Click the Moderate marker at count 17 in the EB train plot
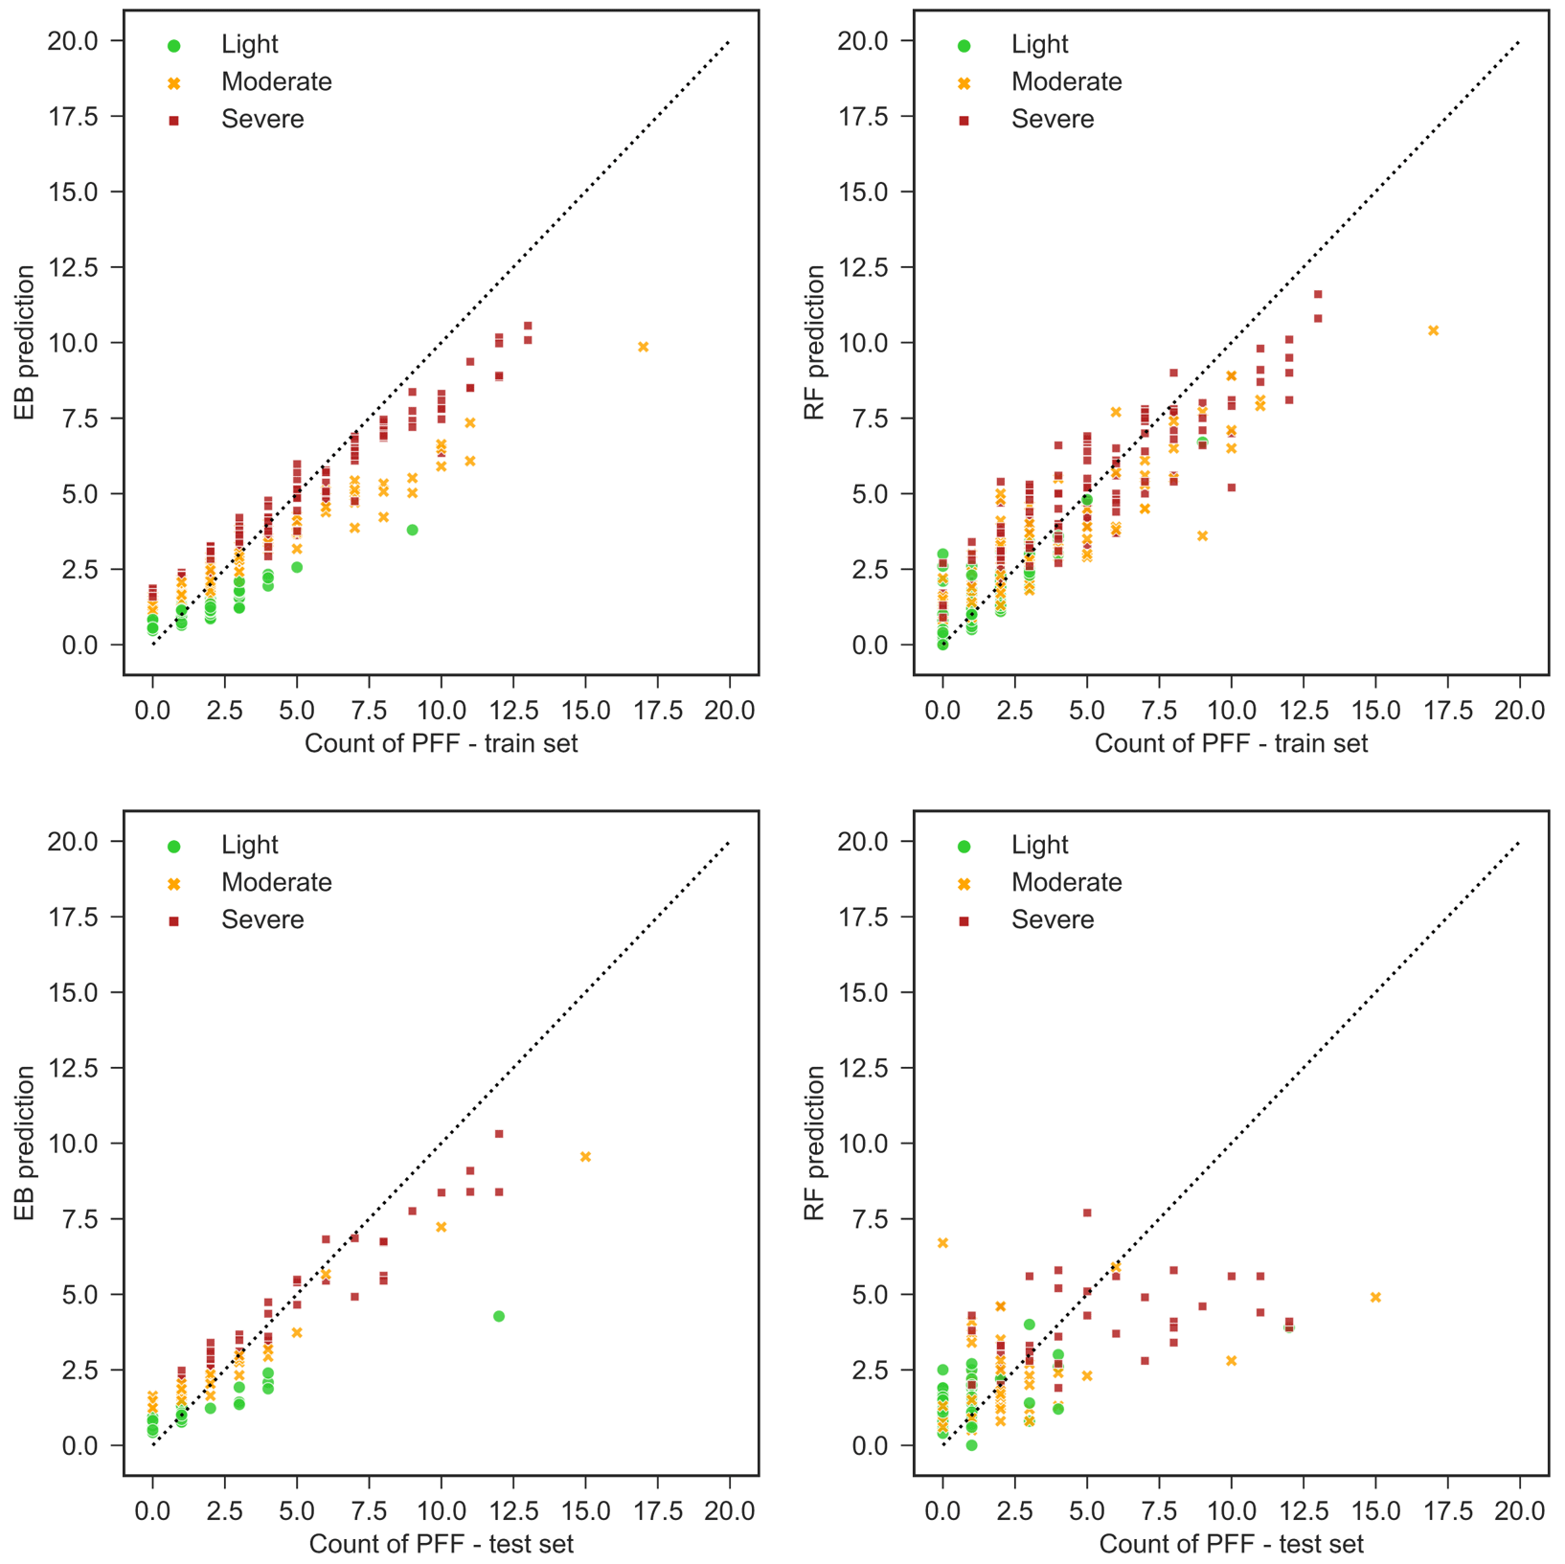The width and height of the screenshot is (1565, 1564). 644,347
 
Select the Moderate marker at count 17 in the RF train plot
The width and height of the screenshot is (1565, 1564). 1434,330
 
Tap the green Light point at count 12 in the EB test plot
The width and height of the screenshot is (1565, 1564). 499,1317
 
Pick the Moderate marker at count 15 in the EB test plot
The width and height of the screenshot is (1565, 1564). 586,1157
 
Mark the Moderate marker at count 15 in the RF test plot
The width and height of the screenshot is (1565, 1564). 1376,1298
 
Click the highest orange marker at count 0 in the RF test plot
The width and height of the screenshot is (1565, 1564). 943,1243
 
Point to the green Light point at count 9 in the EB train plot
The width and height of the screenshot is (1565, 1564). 413,530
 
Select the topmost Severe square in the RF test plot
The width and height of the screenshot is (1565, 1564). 1087,1213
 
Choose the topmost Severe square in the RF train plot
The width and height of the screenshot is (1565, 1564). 1318,294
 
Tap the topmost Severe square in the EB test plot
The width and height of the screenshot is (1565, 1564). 499,1134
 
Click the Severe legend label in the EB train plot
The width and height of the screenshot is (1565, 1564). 262,120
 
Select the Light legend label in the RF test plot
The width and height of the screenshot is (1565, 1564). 1039,845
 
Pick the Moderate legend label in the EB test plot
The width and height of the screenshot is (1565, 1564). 277,882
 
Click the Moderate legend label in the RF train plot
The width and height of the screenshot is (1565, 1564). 1067,81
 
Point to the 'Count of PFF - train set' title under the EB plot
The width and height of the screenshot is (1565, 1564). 442,744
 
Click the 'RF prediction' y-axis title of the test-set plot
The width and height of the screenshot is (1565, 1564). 815,1144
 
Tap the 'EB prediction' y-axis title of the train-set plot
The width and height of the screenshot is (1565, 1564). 25,343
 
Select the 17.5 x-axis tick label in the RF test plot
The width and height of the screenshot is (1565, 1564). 1447,1511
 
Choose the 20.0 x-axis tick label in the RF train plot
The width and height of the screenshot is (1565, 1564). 1520,711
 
